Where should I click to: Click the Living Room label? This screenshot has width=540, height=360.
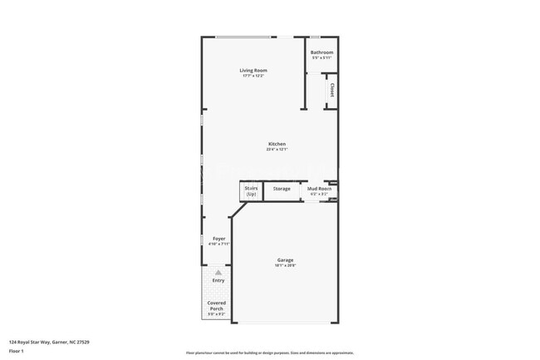tap(253, 71)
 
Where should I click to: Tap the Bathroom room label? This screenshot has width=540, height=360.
tap(322, 52)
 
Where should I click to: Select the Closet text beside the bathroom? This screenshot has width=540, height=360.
tap(331, 89)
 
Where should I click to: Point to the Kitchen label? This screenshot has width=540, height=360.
tap(277, 144)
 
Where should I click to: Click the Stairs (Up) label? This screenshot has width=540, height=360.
tap(251, 191)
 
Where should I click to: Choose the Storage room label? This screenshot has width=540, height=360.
tap(282, 189)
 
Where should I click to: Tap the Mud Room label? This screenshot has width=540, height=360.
tap(320, 189)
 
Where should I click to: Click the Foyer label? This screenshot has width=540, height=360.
tap(218, 239)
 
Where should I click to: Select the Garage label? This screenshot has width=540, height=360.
tap(285, 260)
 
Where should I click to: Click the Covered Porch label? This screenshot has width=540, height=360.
tap(216, 305)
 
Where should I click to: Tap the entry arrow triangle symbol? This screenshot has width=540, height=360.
tap(218, 272)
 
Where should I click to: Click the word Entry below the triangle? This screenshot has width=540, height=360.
tap(218, 280)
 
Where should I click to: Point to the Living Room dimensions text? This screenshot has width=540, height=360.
tap(253, 76)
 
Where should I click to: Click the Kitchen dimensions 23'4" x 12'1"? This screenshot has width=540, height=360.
tap(277, 150)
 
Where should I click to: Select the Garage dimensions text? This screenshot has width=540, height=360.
tap(285, 266)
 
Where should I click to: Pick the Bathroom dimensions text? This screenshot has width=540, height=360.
tap(322, 58)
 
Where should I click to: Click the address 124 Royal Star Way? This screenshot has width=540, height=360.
tap(49, 342)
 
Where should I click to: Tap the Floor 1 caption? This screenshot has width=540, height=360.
tap(17, 351)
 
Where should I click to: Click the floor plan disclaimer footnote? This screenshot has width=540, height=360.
tap(270, 353)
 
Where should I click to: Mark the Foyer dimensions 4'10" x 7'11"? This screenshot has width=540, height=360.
tap(218, 244)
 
